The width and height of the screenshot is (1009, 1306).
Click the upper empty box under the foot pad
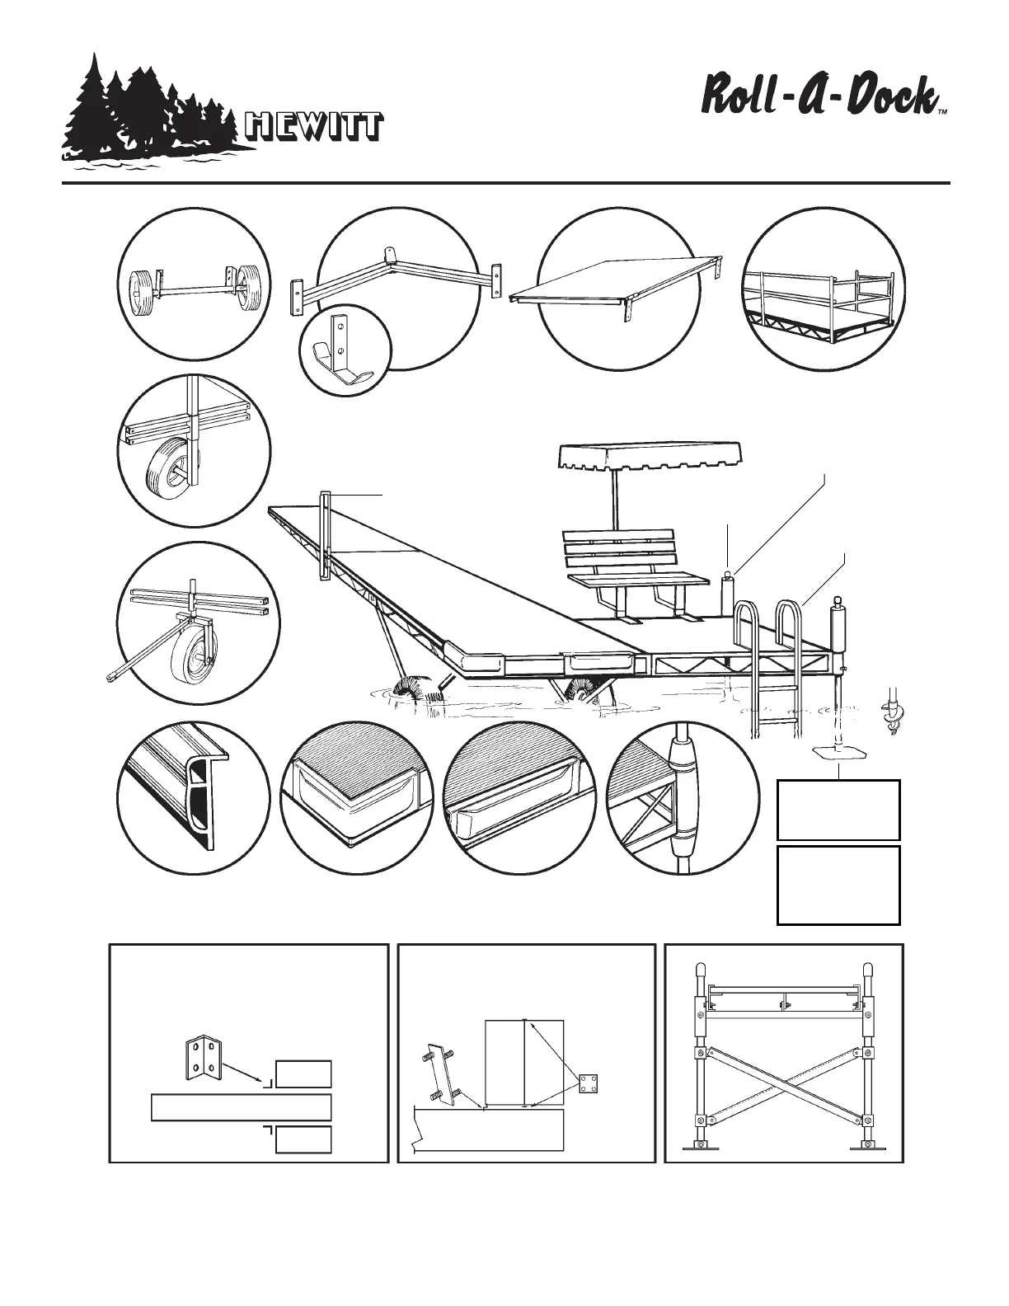[838, 810]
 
